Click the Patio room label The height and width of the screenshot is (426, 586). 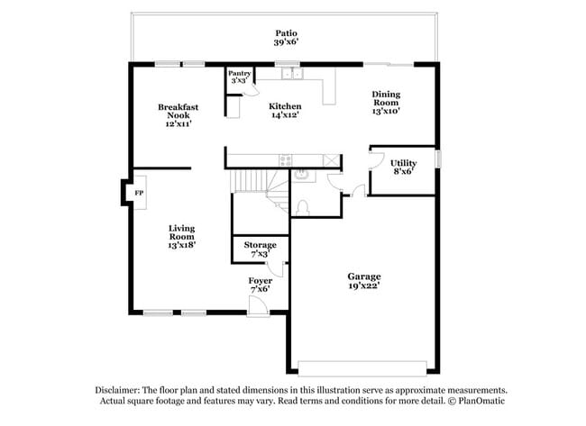[286, 37]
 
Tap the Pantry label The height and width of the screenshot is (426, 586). [239, 77]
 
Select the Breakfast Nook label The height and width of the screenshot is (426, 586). [178, 115]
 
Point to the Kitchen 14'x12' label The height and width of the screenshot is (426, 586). [286, 111]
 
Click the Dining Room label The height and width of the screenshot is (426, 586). [386, 103]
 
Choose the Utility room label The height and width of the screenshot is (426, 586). [403, 167]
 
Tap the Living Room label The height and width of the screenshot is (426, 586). [181, 236]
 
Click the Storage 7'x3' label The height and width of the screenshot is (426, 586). [260, 249]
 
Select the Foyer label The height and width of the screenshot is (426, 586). [261, 285]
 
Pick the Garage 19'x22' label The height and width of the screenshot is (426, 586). [364, 281]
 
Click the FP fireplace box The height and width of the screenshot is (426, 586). [140, 194]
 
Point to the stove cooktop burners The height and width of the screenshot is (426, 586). [286, 160]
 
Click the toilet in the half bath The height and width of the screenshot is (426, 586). [303, 207]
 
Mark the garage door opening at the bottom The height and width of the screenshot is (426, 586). [362, 367]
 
